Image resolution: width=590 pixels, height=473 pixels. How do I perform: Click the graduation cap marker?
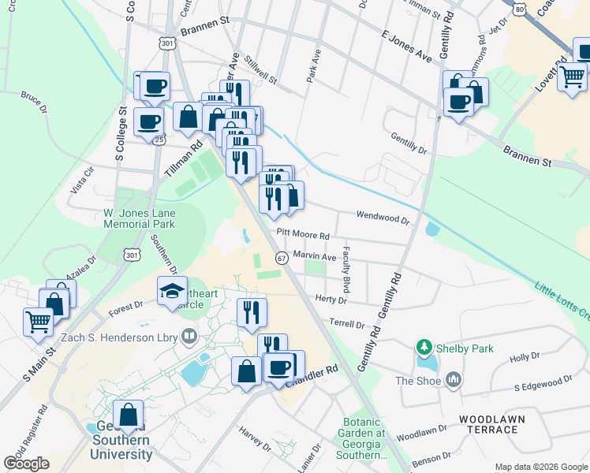click(x=172, y=292)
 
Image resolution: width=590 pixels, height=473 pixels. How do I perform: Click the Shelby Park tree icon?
click(x=424, y=347)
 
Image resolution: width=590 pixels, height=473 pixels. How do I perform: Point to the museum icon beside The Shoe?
click(x=453, y=381)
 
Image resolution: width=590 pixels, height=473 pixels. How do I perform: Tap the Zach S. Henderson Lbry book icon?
click(x=189, y=337)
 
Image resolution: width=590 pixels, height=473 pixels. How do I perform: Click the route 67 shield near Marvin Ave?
click(x=281, y=258)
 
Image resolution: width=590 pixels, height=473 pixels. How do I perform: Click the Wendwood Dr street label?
click(x=383, y=217)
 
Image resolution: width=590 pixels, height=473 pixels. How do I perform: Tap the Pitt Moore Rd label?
click(x=302, y=234)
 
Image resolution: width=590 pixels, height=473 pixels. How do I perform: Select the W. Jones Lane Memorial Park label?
click(x=140, y=218)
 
